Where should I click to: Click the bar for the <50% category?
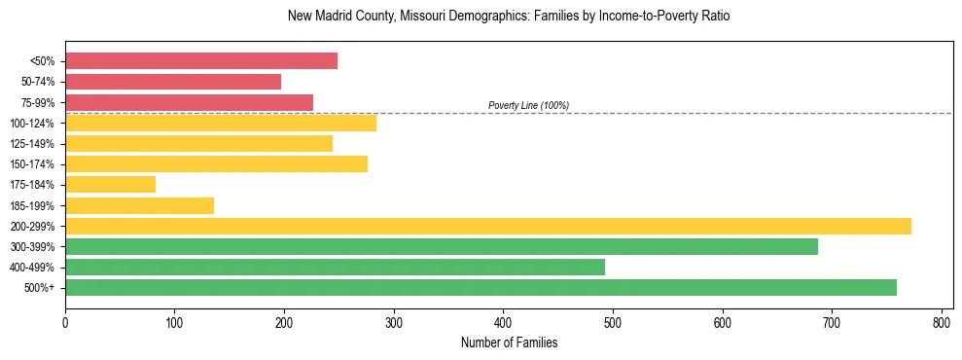coord(201,61)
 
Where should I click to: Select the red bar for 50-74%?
coord(173,82)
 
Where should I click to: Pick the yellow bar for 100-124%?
coord(221,123)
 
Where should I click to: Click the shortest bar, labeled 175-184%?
coord(110,185)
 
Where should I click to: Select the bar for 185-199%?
coord(139,205)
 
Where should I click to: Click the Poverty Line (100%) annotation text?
coord(528,105)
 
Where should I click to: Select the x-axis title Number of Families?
coord(509,342)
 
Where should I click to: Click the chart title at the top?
coord(509,17)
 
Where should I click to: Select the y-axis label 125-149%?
coord(32,144)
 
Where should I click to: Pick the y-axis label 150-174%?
coord(32,164)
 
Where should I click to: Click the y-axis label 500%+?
coord(39,288)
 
